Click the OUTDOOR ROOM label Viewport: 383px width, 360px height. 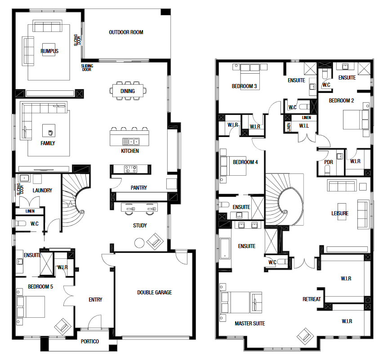126,32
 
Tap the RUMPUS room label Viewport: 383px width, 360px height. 49,51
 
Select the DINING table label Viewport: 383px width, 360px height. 128,91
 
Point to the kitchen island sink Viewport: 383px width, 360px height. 131,142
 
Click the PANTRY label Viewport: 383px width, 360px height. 139,187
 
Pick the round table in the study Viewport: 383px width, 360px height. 139,243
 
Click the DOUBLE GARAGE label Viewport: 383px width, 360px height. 154,292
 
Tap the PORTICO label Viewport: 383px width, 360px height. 90,342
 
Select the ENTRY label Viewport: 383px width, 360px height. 95,299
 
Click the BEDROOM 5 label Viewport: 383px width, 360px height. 40,286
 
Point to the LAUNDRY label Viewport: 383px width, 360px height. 42,190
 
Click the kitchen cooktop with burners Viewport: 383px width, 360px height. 131,169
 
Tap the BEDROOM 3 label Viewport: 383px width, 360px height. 244,86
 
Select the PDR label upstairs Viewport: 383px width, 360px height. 329,162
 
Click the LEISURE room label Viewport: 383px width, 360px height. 340,213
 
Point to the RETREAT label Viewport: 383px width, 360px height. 312,299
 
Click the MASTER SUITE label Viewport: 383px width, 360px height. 249,323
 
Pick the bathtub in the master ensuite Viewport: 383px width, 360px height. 225,249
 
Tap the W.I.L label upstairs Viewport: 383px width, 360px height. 304,126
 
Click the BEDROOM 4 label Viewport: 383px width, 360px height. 245,162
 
